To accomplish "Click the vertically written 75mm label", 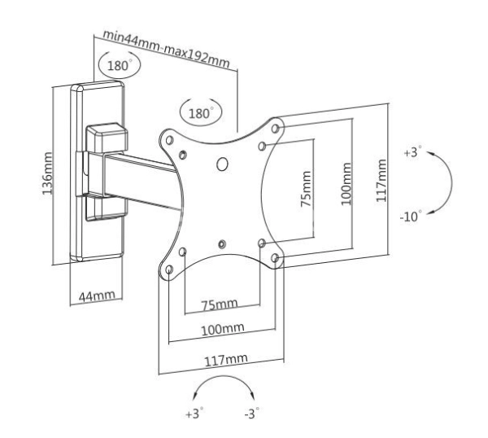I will [307, 189].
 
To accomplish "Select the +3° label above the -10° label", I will [415, 152].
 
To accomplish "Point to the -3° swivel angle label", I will [251, 414].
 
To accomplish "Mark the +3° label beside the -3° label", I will [194, 414].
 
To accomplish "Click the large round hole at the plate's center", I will [221, 164].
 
